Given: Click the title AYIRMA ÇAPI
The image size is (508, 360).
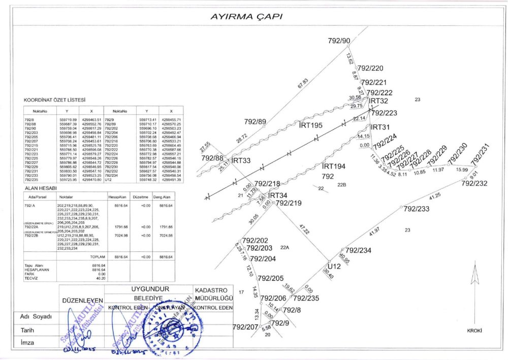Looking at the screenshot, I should [246, 16].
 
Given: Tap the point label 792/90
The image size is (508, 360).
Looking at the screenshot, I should [339, 41].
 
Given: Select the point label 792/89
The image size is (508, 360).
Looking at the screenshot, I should [255, 122].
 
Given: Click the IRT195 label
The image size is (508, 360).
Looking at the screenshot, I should [311, 125].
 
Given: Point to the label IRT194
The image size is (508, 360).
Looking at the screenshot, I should [334, 166].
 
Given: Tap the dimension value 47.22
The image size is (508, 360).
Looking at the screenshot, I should [304, 227].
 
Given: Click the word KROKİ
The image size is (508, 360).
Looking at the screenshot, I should [474, 331].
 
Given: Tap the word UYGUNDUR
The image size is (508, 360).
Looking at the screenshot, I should [150, 289].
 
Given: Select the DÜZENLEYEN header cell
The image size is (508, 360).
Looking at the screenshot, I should [82, 301].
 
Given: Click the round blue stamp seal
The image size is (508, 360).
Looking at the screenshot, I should [175, 324].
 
